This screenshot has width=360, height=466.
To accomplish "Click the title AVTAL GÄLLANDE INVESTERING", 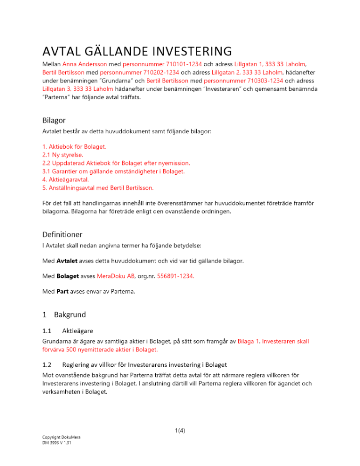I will pyautogui.click(x=137, y=50).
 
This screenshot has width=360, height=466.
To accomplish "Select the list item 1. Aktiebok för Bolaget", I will pyautogui.click(x=74, y=146).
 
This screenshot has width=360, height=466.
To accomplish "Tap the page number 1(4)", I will pyautogui.click(x=180, y=431).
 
